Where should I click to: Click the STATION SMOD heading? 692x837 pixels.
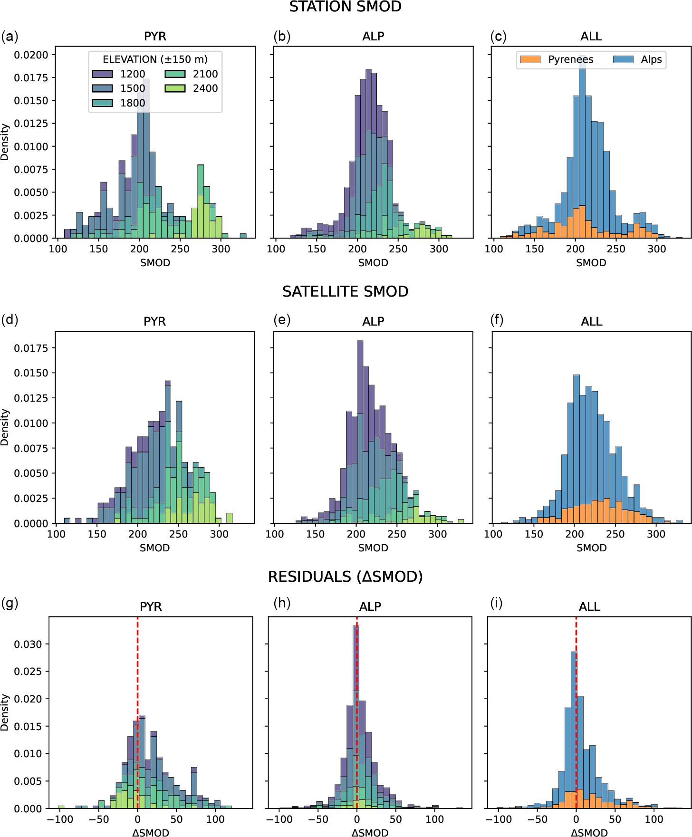346,7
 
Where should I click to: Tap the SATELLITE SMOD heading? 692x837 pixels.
346,291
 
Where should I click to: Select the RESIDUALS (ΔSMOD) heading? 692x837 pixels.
346,577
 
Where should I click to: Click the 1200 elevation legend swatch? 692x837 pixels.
102,74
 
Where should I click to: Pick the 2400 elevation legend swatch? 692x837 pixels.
175,88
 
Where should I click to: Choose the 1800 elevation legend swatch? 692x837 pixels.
102,103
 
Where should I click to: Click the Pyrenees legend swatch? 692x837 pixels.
530,59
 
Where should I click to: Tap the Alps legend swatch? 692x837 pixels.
623,59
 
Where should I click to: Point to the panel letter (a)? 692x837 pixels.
10,37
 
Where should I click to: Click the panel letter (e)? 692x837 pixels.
282,320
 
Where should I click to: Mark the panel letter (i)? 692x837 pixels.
497,603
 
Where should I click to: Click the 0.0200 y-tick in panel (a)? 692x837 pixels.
31,55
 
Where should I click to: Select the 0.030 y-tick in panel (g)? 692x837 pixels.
28,645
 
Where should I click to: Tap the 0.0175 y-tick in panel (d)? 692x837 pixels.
31,348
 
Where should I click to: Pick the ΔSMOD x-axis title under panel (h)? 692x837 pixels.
370,832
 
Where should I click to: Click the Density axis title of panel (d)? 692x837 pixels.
5,427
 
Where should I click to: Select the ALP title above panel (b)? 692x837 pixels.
373,37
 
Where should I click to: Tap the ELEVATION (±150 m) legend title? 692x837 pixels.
155,59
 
